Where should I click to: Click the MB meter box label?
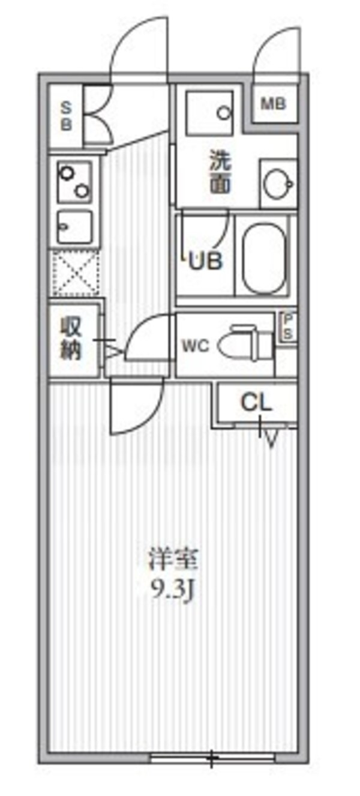pos(273,104)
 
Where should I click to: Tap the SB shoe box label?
pos(66,116)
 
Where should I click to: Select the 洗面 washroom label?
pos(220,173)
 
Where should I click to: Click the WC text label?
pos(196,346)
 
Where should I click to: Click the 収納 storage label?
pos(70,340)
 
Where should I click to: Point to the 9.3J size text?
pos(173,591)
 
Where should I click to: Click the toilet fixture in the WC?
pos(243,345)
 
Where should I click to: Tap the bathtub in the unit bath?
pos(263,256)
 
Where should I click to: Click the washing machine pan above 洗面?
pos(209,112)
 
